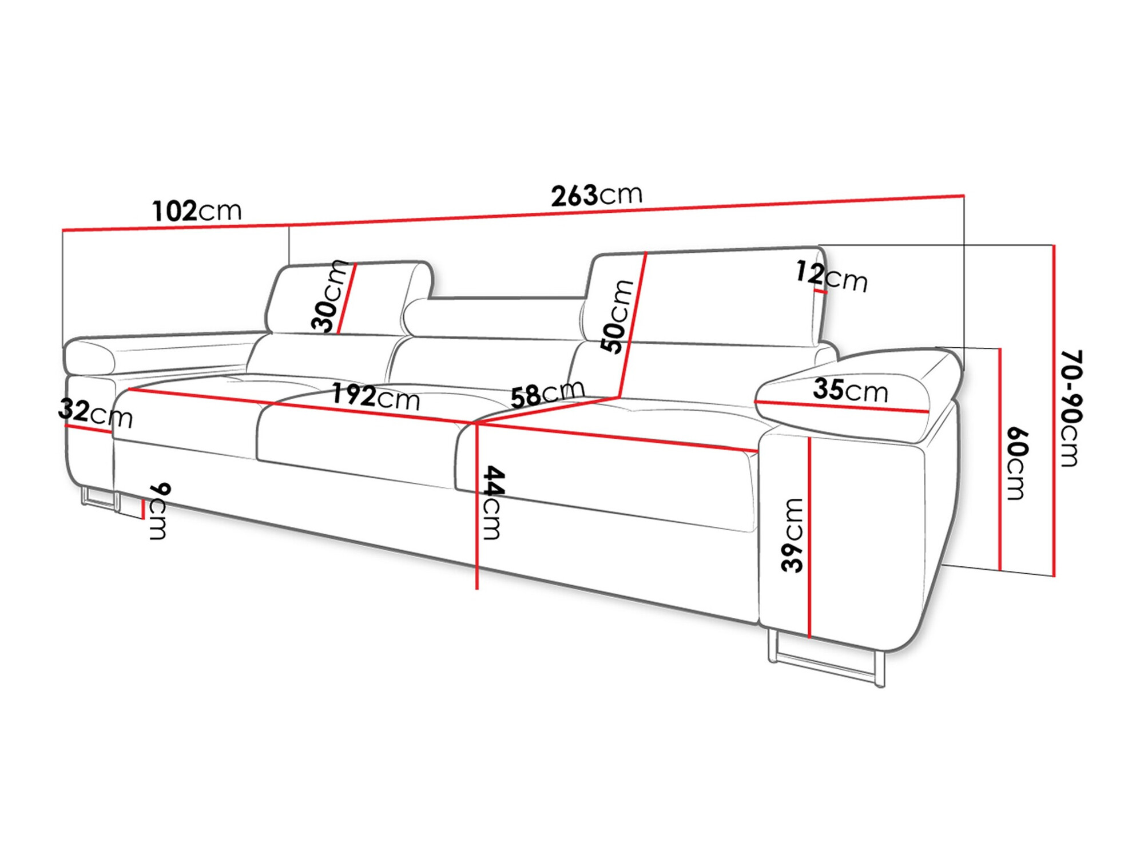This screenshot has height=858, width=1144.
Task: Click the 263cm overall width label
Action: click(x=597, y=195)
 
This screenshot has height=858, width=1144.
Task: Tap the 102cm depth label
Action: click(x=197, y=211)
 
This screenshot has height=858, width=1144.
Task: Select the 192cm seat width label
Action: click(x=376, y=396)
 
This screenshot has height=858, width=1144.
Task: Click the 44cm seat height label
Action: click(x=492, y=502)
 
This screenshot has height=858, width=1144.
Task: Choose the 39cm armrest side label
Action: click(x=793, y=535)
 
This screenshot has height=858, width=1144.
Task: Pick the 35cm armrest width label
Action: click(x=851, y=390)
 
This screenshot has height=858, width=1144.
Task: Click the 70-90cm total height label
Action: click(x=1070, y=408)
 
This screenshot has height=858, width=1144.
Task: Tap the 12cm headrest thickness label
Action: click(x=832, y=276)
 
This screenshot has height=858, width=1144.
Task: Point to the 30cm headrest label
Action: click(x=329, y=296)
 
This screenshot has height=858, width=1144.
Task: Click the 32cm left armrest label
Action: click(x=95, y=413)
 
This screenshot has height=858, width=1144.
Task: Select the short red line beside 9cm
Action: click(x=143, y=509)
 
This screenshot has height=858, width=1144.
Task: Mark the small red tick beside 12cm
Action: click(x=820, y=291)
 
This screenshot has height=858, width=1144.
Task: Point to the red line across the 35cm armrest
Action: click(x=841, y=406)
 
